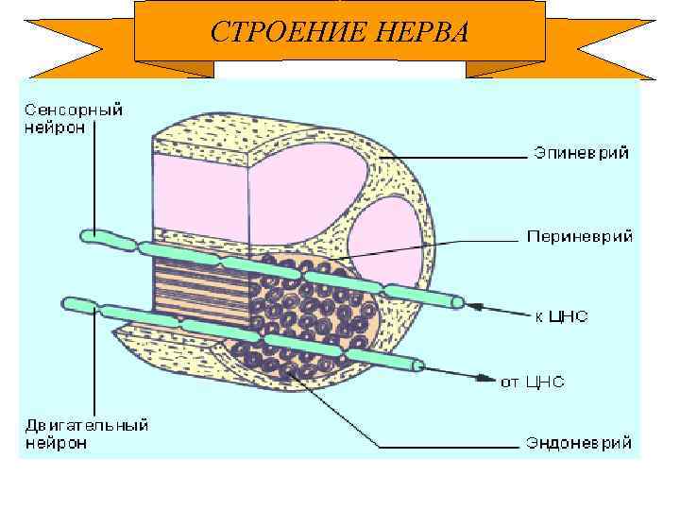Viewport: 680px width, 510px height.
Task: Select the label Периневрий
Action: (579, 236)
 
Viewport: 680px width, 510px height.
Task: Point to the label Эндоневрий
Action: (579, 442)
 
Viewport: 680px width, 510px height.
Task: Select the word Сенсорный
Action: (73, 110)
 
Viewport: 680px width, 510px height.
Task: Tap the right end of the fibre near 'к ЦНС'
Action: (457, 302)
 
